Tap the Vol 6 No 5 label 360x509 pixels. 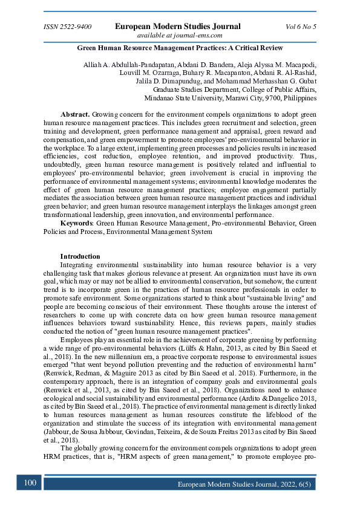tap(301, 27)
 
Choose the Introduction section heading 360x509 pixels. tap(80, 256)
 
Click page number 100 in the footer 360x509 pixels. tap(30, 483)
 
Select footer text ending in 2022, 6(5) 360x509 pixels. tap(246, 484)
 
